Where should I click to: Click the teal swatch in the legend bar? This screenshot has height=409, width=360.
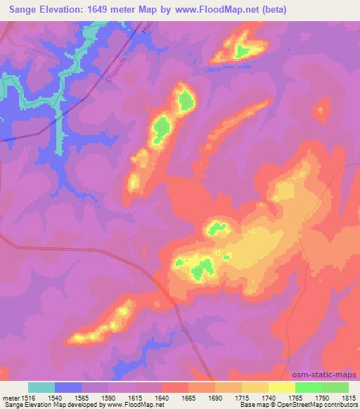(x=41, y=387)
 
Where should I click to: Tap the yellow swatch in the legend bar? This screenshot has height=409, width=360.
(x=282, y=387)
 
